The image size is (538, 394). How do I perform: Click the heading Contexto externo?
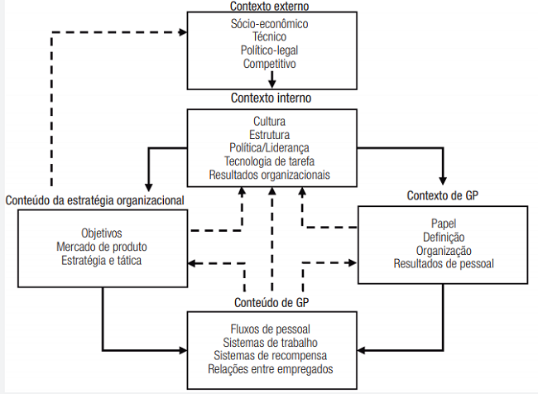pos(270,6)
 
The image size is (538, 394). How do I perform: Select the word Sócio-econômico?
pos(270,24)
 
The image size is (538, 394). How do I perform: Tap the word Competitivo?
pos(270,63)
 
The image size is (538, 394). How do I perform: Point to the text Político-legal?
pos(270,50)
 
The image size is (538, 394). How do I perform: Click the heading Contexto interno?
pos(271,98)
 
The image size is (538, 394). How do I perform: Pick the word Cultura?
pos(270,122)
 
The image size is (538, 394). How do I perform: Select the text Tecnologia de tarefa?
pos(270,161)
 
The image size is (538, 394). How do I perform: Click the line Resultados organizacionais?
pos(270,175)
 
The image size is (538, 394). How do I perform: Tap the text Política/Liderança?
pos(270,148)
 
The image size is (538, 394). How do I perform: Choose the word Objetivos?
pos(103,233)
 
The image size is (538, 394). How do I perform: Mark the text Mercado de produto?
pos(103,247)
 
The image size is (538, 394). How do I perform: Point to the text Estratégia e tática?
pos(103,261)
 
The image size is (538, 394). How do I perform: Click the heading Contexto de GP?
pos(442,196)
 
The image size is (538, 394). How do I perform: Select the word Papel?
pos(444,223)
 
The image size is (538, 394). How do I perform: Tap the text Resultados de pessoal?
pos(444,264)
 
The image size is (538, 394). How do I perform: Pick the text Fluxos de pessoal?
pos(270,329)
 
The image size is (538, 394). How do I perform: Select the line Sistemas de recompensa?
pos(270,356)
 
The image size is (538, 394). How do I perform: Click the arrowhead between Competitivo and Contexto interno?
pos(271,84)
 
